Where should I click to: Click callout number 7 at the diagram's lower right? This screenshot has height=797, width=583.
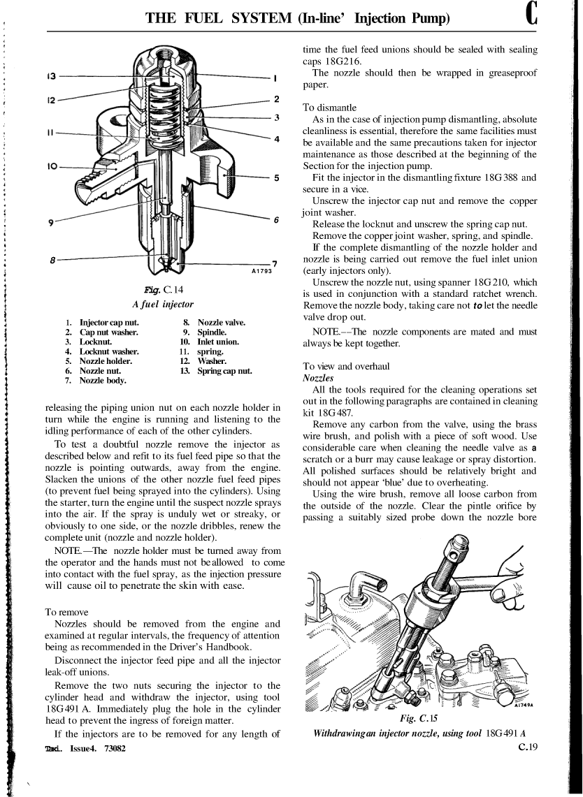(275, 263)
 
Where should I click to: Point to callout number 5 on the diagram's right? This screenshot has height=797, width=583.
(277, 177)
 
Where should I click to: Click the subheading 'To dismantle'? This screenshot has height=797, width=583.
(329, 108)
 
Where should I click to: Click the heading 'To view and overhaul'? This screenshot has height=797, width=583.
(346, 366)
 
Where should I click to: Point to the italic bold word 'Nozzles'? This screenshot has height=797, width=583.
(319, 377)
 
